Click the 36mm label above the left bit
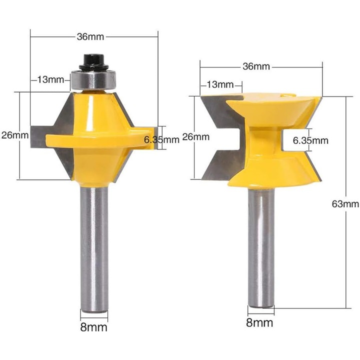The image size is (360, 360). [91, 36]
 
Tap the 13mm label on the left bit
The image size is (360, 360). [52, 79]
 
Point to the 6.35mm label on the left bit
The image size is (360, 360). [161, 140]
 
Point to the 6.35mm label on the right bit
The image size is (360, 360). [310, 140]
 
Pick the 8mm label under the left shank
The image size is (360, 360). [94, 327]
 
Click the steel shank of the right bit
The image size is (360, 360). [262, 250]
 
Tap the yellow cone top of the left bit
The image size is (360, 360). [95, 110]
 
